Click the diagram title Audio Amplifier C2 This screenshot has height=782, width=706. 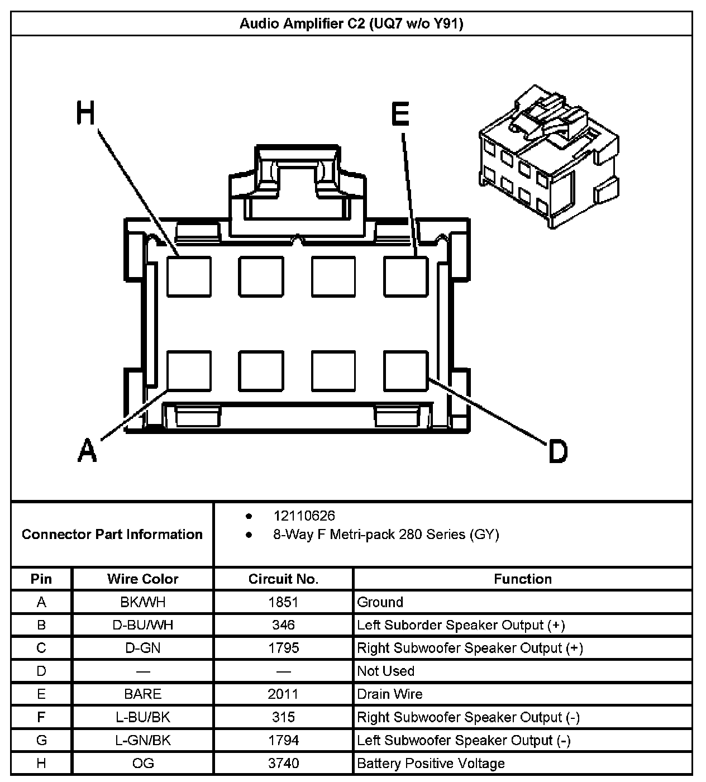pyautogui.click(x=351, y=23)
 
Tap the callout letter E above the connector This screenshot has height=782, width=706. pyautogui.click(x=400, y=115)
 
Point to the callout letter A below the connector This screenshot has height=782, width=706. pyautogui.click(x=87, y=450)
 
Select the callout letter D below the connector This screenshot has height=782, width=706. pyautogui.click(x=557, y=451)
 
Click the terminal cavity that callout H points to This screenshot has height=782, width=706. pyautogui.click(x=189, y=276)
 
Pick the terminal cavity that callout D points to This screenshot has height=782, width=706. pyautogui.click(x=406, y=371)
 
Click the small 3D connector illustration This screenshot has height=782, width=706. pyautogui.click(x=549, y=158)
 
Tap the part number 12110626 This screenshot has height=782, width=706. pyautogui.click(x=304, y=516)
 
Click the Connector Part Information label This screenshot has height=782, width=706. pyautogui.click(x=112, y=535)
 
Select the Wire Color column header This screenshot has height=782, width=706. pyautogui.click(x=143, y=579)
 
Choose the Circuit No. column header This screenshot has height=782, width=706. pyautogui.click(x=283, y=579)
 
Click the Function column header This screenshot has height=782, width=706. pyautogui.click(x=523, y=579)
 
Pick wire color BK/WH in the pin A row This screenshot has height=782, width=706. pyautogui.click(x=143, y=602)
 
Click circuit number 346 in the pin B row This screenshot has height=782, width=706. pyautogui.click(x=283, y=625)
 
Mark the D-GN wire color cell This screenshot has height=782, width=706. pyautogui.click(x=143, y=648)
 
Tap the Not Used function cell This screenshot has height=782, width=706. pyautogui.click(x=386, y=671)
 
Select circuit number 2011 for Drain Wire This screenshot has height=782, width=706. pyautogui.click(x=283, y=694)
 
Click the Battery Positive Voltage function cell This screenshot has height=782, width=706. pyautogui.click(x=431, y=763)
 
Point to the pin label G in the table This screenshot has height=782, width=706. pyautogui.click(x=41, y=740)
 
